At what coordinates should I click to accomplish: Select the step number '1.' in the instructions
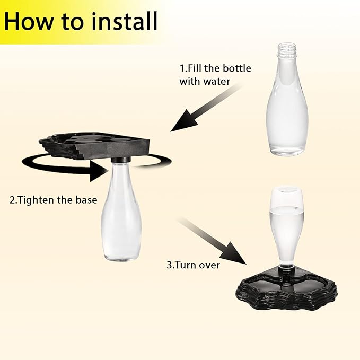(183, 68)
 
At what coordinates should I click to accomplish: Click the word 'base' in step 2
(87, 200)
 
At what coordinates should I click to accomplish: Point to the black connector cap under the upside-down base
(120, 159)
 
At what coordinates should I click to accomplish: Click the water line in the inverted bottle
(286, 208)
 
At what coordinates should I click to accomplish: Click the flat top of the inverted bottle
(286, 189)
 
